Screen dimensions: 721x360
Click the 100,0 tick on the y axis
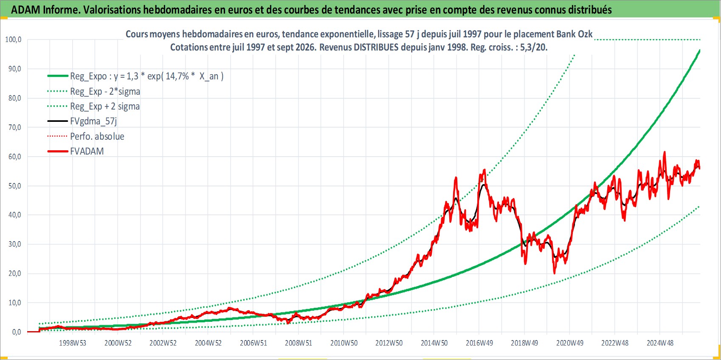tap(13, 39)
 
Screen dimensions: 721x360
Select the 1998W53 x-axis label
tap(73, 343)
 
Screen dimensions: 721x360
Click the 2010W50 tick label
tap(344, 343)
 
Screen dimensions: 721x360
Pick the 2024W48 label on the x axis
tap(660, 343)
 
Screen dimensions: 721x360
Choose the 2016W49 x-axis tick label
tap(479, 343)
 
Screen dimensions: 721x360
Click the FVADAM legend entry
tap(87, 151)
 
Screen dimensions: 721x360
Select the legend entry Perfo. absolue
tap(97, 136)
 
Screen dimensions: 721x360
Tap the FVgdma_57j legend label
tap(93, 121)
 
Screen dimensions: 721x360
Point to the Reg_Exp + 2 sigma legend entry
tap(105, 106)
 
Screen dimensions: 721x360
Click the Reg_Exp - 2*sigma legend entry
tap(105, 91)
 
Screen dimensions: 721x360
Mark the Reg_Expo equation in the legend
tap(147, 76)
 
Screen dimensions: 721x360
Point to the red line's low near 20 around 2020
tap(554, 273)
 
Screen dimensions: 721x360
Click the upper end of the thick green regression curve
tap(700, 50)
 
